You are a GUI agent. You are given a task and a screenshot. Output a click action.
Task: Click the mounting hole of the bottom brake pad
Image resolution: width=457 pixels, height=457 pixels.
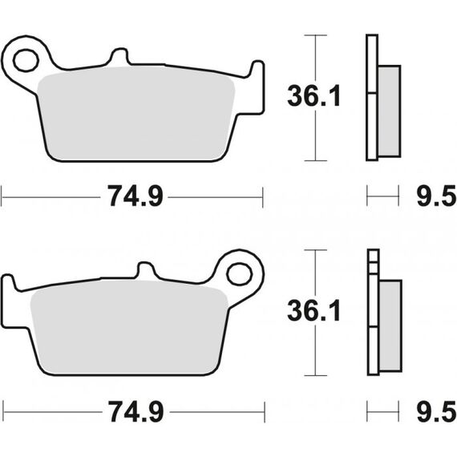(240, 274)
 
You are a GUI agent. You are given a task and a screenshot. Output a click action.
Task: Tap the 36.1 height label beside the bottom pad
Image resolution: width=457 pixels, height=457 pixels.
(314, 311)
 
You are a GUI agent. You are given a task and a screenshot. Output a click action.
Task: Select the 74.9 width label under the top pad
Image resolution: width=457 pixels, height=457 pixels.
(135, 196)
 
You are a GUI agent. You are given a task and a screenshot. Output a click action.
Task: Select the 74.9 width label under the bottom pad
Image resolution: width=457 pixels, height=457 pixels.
(136, 411)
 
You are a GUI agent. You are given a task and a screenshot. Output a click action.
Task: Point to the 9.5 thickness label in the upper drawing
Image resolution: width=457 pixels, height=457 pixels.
(436, 196)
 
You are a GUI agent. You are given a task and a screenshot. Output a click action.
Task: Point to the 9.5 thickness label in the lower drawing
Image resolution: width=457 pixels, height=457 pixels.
(436, 411)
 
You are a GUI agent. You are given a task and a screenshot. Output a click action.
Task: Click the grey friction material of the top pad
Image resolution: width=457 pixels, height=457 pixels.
(136, 114)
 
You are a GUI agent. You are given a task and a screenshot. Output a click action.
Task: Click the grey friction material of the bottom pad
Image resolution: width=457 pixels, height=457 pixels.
(129, 328)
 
